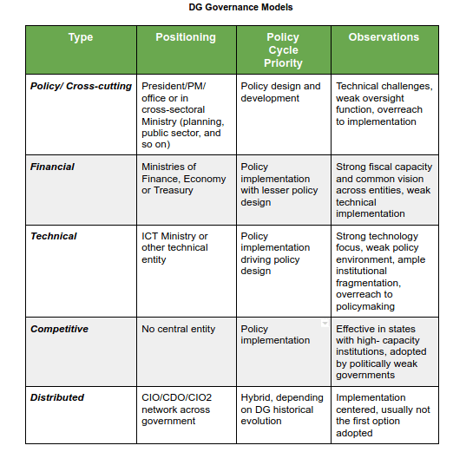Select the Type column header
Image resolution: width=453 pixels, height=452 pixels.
81,37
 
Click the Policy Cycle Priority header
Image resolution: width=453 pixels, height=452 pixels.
283,49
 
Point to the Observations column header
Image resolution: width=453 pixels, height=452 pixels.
384,37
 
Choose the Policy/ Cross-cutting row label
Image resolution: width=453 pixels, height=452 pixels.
81,86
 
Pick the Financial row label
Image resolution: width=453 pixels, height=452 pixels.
52,167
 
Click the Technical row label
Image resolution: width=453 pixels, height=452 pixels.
53,236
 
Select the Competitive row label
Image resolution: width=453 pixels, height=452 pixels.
59,329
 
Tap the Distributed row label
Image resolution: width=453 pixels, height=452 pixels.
57,397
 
